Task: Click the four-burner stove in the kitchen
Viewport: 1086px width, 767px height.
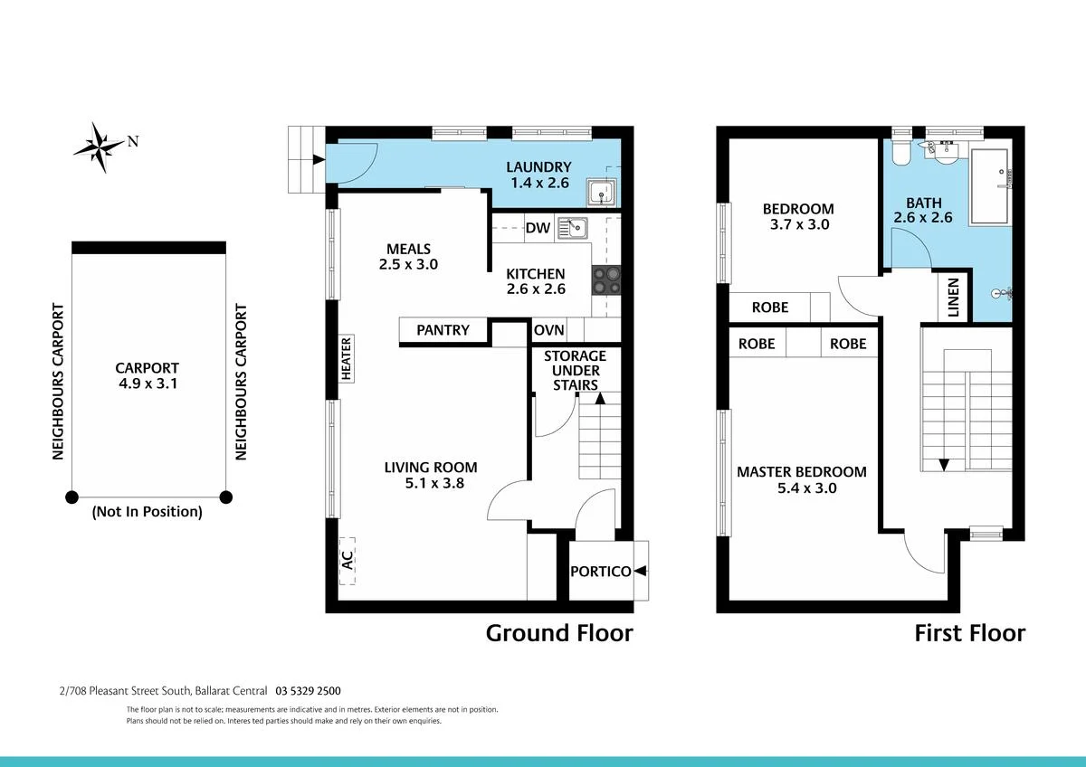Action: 605,279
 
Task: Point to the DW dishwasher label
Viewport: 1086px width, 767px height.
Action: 538,228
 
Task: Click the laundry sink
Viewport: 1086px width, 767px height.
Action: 600,193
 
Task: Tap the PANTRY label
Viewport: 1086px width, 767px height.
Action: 443,330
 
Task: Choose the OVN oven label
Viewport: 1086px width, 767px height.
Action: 549,330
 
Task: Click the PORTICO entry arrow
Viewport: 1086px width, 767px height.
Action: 641,571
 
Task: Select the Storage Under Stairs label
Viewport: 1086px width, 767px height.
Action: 575,370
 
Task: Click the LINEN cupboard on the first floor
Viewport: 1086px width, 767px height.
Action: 953,296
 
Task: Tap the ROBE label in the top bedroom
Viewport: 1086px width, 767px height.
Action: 770,308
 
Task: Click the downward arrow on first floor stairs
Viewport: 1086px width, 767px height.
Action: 944,464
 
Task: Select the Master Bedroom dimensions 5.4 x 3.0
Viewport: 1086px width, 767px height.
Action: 801,488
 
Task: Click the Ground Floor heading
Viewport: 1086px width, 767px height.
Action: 559,633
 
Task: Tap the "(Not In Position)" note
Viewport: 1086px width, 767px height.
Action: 147,512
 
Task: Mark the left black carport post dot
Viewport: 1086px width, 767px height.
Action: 71,496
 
